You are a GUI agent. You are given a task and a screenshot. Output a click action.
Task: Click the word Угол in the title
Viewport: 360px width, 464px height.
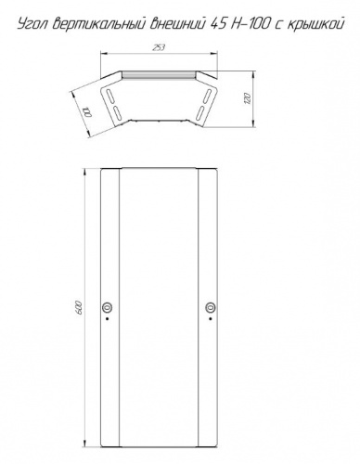click(32, 24)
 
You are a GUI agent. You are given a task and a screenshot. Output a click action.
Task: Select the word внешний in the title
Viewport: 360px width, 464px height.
click(177, 24)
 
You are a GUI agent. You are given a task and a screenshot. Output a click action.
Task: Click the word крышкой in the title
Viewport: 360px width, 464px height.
click(316, 24)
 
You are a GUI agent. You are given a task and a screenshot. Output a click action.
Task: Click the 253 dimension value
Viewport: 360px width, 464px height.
click(159, 47)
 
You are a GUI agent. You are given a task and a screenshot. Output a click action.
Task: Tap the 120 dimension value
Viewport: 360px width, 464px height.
click(248, 98)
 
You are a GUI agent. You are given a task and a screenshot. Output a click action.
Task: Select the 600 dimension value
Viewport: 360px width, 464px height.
click(78, 307)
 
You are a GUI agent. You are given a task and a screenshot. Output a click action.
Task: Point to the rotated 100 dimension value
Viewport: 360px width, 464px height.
click(87, 111)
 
